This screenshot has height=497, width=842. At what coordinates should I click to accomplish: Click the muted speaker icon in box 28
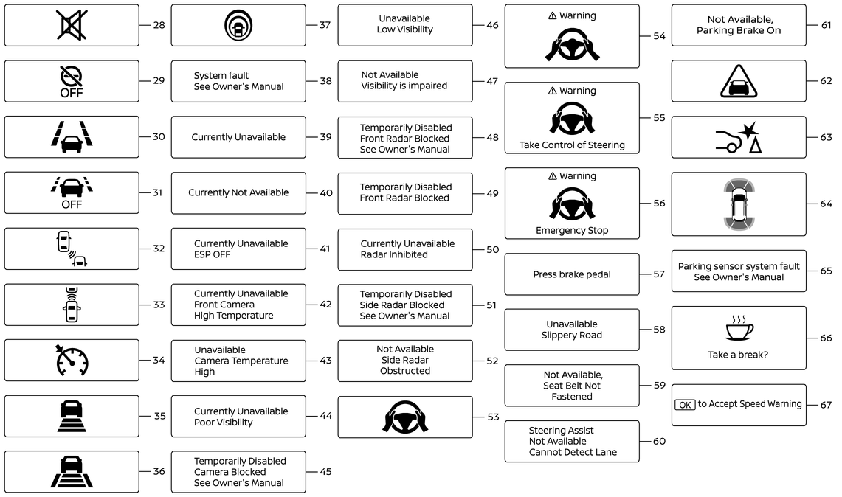coord(72,25)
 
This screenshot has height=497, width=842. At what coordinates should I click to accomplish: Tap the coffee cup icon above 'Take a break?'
coord(739,328)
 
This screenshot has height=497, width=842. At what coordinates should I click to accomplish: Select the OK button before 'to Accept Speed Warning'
coord(685,404)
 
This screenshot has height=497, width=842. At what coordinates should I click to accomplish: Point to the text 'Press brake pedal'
coord(572,274)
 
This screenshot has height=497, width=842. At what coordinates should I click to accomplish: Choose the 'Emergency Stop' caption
coord(572,230)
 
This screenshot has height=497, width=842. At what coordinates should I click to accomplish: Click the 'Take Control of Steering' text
coord(572,145)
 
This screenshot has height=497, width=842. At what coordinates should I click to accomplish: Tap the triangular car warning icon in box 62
coord(739,81)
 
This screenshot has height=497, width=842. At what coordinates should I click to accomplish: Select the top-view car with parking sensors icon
coord(739,204)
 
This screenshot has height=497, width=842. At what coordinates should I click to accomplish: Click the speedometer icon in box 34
coord(72,361)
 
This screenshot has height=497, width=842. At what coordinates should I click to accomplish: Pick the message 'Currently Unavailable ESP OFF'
coord(241,248)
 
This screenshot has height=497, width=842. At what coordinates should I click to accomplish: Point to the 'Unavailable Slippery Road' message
coord(572,330)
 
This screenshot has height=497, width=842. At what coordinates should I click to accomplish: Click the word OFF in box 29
coord(72,93)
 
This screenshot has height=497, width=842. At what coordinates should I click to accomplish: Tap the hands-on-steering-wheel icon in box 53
coord(405,417)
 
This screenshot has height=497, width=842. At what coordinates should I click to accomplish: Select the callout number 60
coord(659,441)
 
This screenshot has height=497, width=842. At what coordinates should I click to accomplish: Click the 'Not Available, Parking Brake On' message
coord(739,25)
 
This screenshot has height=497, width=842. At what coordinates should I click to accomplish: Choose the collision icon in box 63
coord(739,137)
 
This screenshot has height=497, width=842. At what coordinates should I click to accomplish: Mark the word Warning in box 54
coord(578,15)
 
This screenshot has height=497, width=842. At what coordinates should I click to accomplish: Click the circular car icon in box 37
coord(238,25)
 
